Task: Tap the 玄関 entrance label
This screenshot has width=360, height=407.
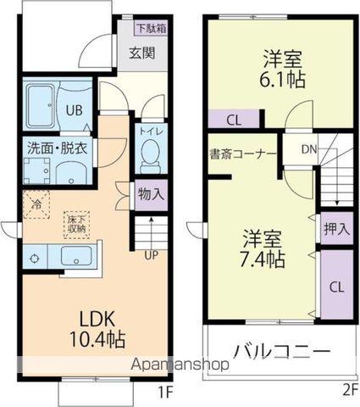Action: [141, 53]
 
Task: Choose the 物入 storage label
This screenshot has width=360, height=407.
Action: [151, 194]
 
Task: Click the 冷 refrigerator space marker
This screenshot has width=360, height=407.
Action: [36, 203]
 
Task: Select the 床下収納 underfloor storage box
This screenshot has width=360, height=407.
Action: [75, 223]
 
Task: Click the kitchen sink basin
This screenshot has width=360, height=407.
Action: [76, 256]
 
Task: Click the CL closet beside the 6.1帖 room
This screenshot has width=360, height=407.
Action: [234, 120]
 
